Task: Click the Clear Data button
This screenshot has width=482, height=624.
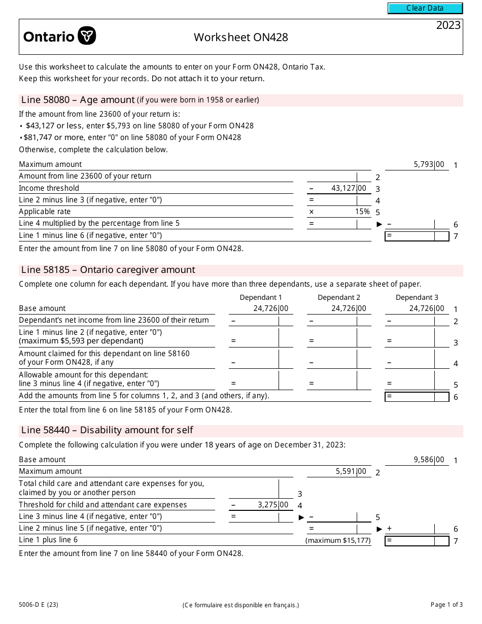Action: [425, 8]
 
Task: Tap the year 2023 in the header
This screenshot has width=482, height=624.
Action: [448, 25]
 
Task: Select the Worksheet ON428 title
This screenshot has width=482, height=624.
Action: [240, 37]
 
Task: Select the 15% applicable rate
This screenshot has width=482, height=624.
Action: [362, 212]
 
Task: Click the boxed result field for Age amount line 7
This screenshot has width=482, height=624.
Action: [417, 236]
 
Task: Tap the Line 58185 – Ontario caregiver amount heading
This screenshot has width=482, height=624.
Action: [108, 270]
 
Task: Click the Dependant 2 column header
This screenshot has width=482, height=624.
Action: [339, 297]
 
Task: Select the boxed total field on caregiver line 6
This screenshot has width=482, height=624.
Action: [417, 397]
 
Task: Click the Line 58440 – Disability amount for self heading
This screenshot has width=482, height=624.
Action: [107, 430]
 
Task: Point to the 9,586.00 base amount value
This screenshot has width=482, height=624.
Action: [429, 460]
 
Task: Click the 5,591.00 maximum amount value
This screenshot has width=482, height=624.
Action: [351, 471]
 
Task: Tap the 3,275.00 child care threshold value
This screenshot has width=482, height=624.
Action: [272, 505]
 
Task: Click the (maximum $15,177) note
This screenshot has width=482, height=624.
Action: [338, 541]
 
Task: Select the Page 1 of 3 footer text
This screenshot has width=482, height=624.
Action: [446, 604]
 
